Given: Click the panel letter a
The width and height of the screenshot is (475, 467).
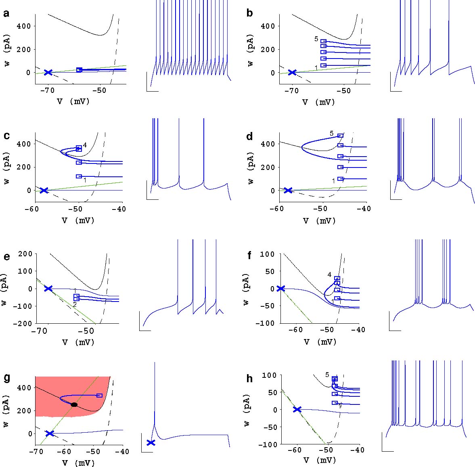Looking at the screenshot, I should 6,14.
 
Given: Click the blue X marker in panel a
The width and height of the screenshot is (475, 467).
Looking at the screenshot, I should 48,72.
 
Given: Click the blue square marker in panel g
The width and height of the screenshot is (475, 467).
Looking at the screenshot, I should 99,396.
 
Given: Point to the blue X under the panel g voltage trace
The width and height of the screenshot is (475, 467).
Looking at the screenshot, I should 151,442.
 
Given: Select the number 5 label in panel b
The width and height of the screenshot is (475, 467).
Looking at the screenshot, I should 316,39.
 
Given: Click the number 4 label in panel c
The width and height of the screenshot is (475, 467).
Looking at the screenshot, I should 85,145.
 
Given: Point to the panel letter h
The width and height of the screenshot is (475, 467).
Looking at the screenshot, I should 250,379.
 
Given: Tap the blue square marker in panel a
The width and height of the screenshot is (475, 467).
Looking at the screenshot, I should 80,70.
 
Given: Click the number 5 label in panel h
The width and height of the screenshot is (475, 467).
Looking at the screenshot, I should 327,375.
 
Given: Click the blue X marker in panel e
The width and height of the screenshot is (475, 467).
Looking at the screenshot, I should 48,288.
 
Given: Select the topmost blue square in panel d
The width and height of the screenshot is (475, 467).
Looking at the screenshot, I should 341,136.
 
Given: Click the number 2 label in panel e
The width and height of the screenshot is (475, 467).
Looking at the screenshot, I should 75,304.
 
